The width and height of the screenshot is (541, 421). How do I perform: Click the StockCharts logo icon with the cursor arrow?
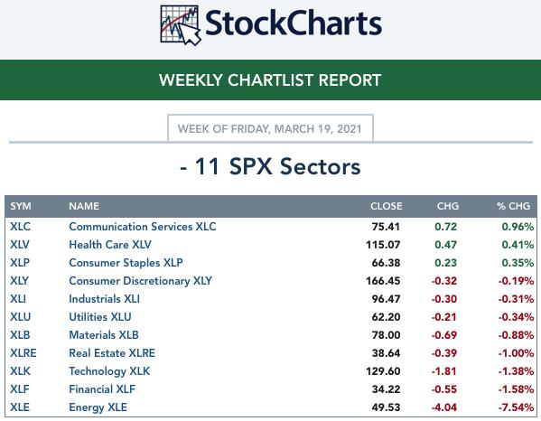180,25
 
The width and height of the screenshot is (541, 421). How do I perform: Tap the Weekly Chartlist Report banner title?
270,80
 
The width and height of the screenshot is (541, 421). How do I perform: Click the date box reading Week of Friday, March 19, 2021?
270,128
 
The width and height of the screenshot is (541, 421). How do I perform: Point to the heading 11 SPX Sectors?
270,166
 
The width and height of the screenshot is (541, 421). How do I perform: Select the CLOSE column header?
386,206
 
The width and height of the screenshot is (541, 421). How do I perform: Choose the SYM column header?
21,206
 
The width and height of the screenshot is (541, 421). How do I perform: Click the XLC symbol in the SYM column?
21,227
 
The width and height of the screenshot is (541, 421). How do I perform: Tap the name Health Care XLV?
110,244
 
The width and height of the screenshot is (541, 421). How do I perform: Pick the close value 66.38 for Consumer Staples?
386,263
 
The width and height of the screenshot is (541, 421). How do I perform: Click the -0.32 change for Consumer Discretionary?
444,281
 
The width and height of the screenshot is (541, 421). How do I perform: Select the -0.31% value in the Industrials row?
516,299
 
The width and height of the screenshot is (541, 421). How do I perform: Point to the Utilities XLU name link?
100,317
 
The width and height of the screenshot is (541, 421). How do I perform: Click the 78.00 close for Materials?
386,335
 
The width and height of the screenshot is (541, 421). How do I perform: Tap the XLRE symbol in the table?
23,353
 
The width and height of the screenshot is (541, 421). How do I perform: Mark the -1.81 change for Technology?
444,371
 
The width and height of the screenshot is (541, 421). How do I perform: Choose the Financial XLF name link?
102,388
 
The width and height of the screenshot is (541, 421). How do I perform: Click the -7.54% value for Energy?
516,407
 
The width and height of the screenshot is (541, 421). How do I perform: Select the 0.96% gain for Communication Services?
518,227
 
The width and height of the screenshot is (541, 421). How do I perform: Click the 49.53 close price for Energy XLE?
386,407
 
